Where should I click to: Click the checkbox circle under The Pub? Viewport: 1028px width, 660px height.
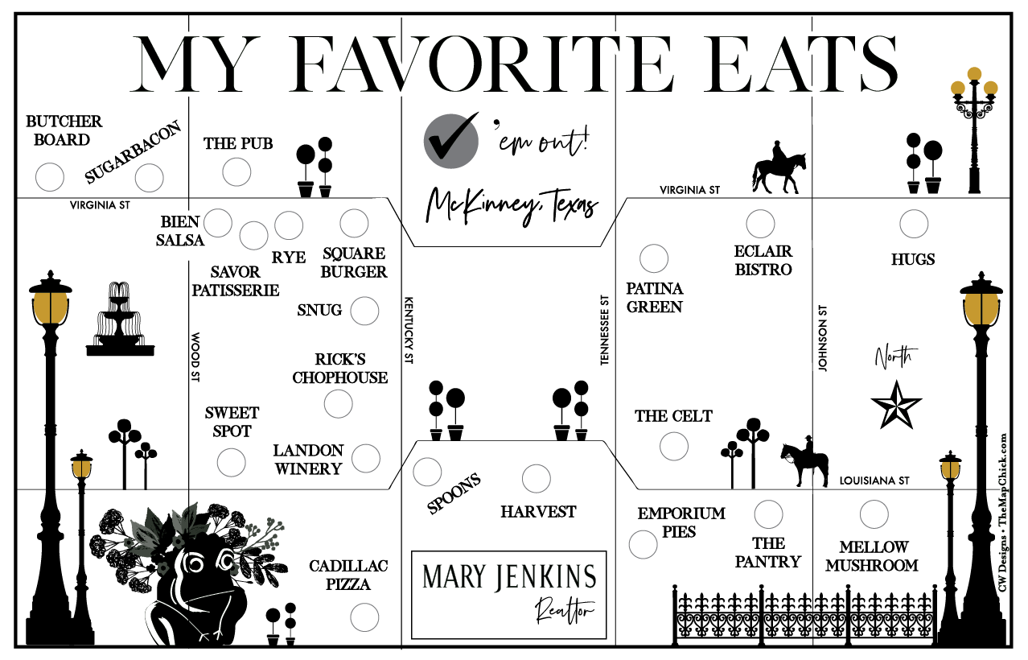click(236, 171)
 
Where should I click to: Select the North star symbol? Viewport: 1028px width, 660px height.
click(897, 404)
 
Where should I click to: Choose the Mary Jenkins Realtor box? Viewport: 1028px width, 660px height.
click(508, 594)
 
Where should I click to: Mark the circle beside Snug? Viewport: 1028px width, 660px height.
click(364, 310)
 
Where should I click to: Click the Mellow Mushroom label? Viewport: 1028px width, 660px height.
click(872, 556)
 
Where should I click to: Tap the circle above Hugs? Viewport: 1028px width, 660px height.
click(914, 224)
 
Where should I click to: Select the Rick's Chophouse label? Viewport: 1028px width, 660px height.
click(339, 369)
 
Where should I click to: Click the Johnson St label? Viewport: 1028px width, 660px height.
click(822, 338)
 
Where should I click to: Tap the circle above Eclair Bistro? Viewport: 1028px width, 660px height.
click(760, 224)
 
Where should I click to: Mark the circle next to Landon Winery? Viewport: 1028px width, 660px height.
click(366, 458)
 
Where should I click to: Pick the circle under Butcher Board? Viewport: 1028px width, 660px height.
click(50, 176)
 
